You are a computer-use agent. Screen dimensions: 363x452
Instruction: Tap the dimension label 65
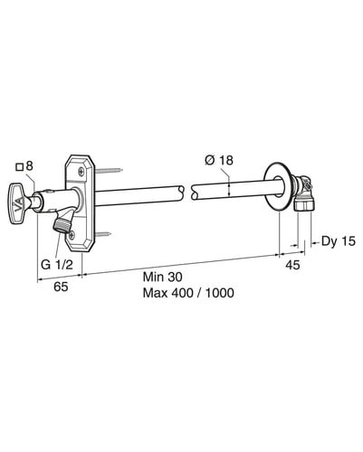tap(61, 287)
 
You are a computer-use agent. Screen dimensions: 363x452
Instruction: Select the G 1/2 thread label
tap(57, 265)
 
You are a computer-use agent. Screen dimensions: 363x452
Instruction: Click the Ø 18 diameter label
tap(219, 160)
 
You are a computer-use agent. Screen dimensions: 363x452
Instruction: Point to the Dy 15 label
tap(339, 241)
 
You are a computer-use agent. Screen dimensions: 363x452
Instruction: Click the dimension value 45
tap(292, 265)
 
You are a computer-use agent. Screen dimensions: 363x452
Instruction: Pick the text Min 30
tap(163, 277)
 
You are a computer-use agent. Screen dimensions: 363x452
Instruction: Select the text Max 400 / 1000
tap(188, 293)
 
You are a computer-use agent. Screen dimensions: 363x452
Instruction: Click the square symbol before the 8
tap(20, 167)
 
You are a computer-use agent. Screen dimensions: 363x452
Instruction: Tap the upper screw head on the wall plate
tap(81, 172)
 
